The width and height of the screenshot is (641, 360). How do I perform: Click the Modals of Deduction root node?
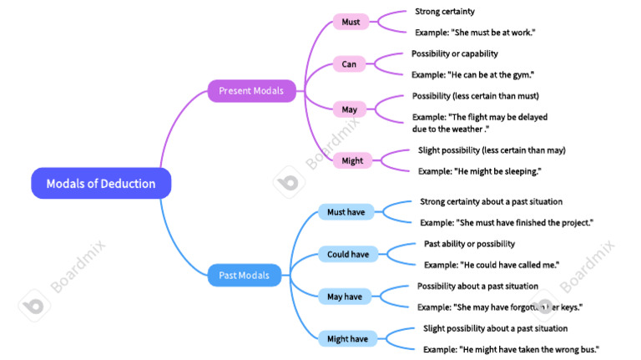pos(101,183)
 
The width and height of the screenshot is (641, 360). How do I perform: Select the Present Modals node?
pos(251,91)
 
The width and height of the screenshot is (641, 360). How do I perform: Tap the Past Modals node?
pos(244,276)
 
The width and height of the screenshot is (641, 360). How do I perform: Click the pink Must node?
pos(351,22)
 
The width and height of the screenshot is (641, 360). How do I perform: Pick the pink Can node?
pos(349,64)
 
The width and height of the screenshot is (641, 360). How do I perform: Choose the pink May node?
pos(349,109)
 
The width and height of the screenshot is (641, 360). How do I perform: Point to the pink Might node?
pos(352,160)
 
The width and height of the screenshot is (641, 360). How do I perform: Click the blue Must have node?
pos(346,212)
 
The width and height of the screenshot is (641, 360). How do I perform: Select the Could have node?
pos(348,255)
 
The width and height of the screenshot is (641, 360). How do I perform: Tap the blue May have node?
pos(345,297)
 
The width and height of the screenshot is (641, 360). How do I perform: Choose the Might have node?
pos(347,339)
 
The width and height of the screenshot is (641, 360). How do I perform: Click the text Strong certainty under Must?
pos(445,12)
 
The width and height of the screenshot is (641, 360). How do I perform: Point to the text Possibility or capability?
pos(455,53)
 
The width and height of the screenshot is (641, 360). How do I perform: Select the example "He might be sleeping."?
pos(480,171)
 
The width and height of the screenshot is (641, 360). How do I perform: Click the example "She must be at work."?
pos(475,33)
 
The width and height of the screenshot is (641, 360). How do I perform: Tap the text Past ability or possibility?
pos(469,244)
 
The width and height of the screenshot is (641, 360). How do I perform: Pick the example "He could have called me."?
pos(492,265)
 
